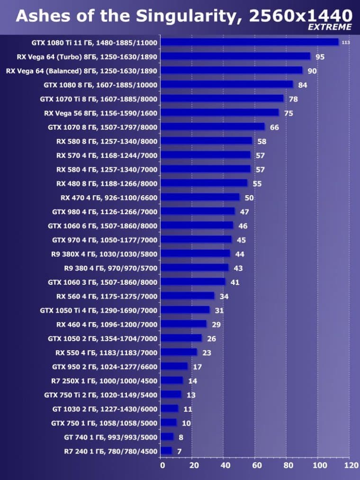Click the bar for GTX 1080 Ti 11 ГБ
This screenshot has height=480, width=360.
click(x=250, y=42)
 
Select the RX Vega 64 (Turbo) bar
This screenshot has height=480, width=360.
click(x=235, y=56)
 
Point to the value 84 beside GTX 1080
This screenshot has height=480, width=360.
click(x=303, y=85)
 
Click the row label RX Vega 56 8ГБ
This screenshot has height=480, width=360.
click(x=100, y=113)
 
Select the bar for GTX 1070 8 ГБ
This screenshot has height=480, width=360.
click(x=213, y=127)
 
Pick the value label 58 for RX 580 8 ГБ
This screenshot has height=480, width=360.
click(x=262, y=141)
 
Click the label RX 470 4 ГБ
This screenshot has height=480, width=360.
click(x=109, y=197)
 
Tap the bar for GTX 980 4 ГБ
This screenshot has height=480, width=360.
click(x=198, y=211)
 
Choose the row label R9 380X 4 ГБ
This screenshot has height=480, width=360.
click(x=104, y=254)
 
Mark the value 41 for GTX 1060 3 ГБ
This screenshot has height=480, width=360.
click(x=235, y=282)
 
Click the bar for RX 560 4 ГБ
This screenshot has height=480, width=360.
click(x=188, y=296)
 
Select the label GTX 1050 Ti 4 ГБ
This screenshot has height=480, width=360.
click(x=99, y=310)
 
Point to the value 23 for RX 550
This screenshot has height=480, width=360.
click(x=207, y=353)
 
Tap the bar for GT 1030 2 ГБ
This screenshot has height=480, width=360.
click(x=170, y=408)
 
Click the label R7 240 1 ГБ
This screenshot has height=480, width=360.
click(x=110, y=451)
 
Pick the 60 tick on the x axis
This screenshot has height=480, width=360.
click(x=255, y=466)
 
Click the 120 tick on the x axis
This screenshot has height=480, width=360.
click(x=351, y=466)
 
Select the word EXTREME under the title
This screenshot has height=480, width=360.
click(x=330, y=27)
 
